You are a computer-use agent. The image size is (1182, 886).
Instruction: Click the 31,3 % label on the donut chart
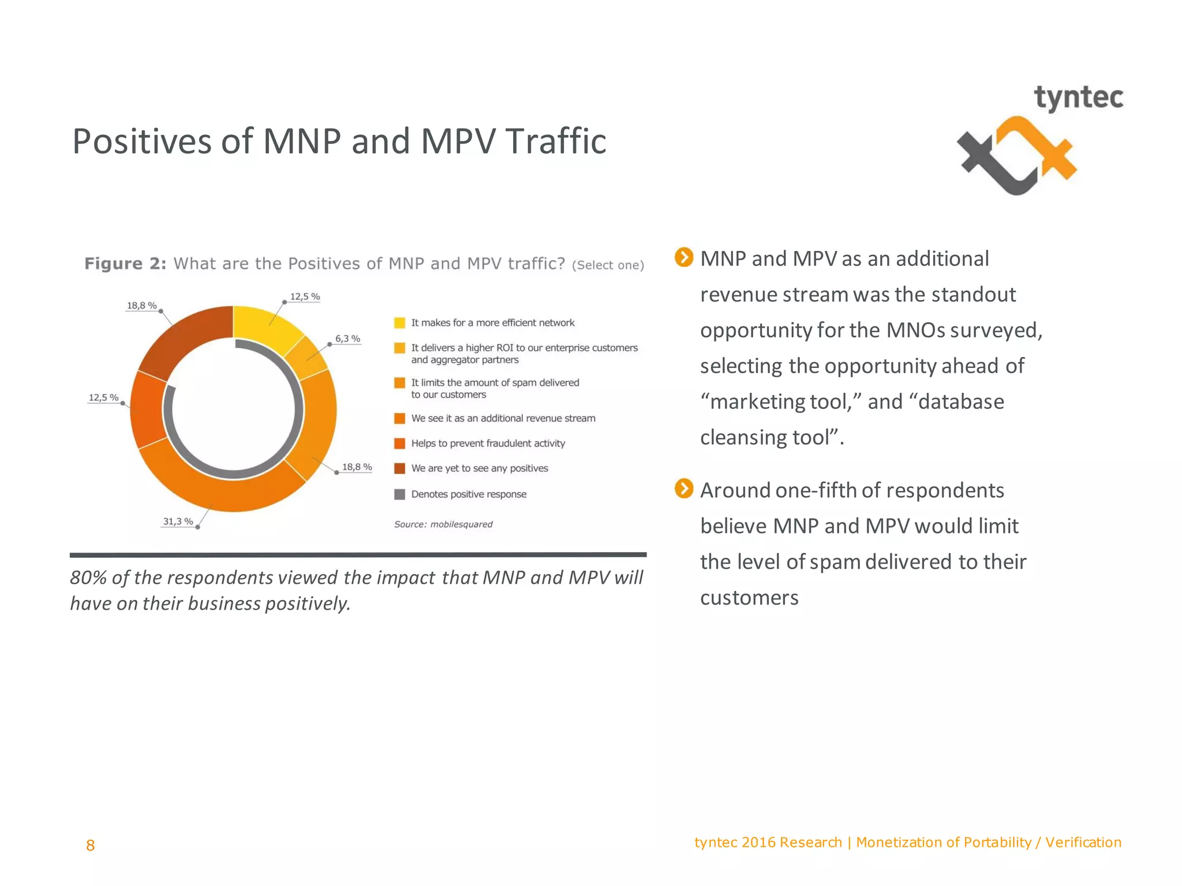tap(178, 521)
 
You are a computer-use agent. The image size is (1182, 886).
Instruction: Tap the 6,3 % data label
tap(347, 339)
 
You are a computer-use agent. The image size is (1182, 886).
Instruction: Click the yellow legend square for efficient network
tap(399, 323)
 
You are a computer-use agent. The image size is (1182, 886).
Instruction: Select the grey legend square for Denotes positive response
tap(399, 494)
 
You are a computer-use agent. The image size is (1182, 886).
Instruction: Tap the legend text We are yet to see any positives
tap(479, 468)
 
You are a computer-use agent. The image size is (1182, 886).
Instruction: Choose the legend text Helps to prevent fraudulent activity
tap(488, 443)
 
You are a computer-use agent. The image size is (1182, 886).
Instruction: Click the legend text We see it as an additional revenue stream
tap(503, 418)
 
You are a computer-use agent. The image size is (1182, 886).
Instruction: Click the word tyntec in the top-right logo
tap(1078, 98)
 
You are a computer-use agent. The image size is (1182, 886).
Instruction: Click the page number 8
tap(90, 845)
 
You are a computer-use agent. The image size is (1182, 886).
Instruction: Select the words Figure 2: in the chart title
tap(125, 264)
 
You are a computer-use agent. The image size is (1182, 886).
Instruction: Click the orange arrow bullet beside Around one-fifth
tap(684, 489)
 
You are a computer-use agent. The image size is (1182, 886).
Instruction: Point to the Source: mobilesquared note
tap(443, 524)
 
